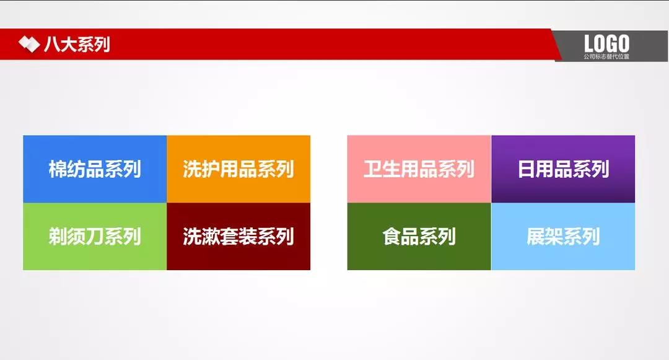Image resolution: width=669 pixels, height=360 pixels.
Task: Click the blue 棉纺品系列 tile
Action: tap(95, 169)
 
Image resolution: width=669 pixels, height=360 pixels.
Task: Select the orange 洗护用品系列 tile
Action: tap(238, 169)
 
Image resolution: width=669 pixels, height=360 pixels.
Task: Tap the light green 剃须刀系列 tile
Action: tap(95, 237)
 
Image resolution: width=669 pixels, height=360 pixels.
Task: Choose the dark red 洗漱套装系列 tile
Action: tap(238, 237)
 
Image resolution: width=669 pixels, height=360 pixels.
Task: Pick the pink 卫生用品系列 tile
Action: tap(419, 169)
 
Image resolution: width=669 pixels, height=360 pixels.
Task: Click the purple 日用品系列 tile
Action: tap(563, 169)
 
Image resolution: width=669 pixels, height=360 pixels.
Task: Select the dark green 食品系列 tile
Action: tap(419, 237)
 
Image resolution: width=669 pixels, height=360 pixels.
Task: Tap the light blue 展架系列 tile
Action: tap(563, 237)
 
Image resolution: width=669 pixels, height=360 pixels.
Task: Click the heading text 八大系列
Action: tap(77, 45)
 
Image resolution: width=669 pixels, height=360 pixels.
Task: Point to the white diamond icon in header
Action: tap(28, 45)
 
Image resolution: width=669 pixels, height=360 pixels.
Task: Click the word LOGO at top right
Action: tap(606, 43)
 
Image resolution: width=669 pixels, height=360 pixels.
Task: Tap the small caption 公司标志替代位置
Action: tap(606, 56)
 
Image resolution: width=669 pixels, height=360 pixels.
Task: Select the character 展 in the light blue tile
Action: tap(536, 237)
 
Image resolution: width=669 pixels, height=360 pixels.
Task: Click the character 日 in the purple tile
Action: tap(527, 169)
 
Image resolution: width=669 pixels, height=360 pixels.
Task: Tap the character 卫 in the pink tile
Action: tap(372, 169)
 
